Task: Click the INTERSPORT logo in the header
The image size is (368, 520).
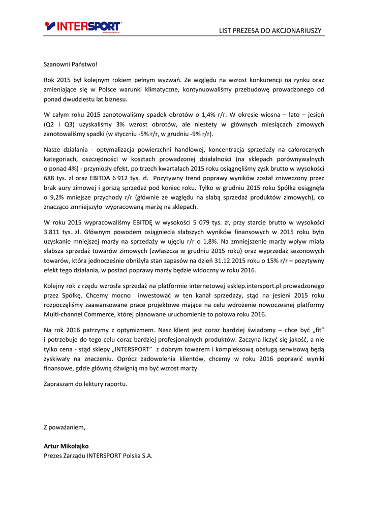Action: [x=83, y=26]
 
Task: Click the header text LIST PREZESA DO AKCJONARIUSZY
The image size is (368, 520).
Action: [x=270, y=30]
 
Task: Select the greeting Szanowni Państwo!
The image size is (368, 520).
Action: [x=70, y=64]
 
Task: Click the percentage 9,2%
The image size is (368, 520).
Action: [x=58, y=198]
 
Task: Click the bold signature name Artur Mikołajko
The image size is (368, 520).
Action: [x=67, y=446]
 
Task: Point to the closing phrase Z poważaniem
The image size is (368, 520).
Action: [x=65, y=427]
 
